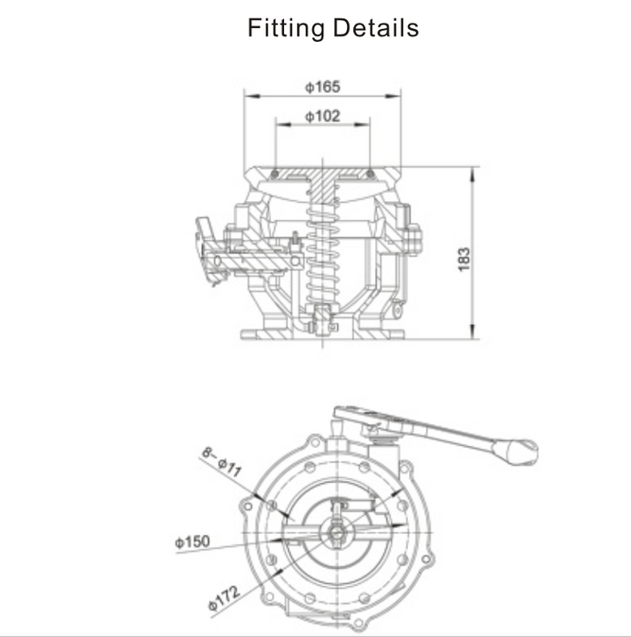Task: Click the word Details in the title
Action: (374, 28)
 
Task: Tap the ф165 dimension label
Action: (321, 86)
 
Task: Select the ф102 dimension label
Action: (322, 116)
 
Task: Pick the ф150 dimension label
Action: (192, 542)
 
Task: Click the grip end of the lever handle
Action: (521, 448)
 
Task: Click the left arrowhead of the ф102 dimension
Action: (280, 124)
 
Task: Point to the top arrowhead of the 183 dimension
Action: (473, 172)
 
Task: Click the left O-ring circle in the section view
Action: (275, 173)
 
